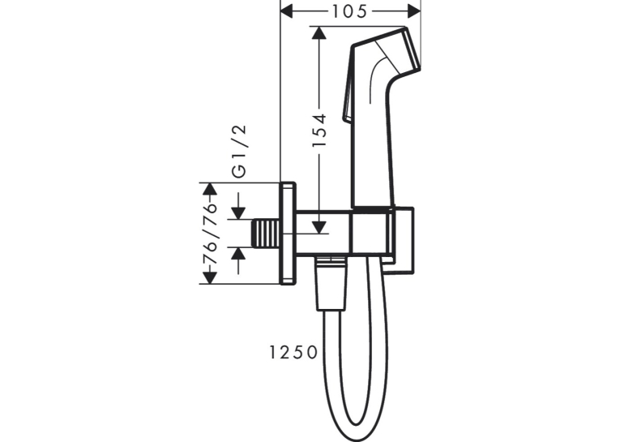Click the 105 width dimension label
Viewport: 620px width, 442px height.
(x=349, y=11)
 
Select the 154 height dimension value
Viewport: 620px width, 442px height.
(x=319, y=130)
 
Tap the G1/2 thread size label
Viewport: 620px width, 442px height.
(x=239, y=151)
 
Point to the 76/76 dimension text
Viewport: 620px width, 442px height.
(x=210, y=234)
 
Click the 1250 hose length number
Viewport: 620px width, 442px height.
(x=293, y=352)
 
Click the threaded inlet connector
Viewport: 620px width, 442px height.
(x=267, y=234)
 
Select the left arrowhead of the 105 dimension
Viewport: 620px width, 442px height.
(x=286, y=11)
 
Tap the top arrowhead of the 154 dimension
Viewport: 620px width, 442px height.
(x=319, y=32)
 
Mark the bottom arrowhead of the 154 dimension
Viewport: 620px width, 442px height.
(x=319, y=227)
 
